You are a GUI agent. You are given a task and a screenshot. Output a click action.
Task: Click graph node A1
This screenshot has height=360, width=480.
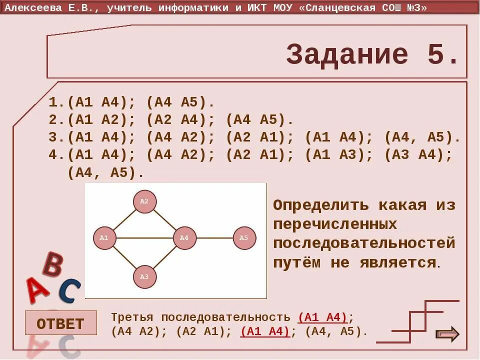[x=104, y=238]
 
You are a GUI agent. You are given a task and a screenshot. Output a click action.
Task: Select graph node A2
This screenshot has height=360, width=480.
[x=144, y=201]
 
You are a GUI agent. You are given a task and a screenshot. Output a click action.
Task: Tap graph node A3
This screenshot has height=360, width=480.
[x=144, y=276]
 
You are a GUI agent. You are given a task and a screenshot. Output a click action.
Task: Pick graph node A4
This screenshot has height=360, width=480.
[x=184, y=238]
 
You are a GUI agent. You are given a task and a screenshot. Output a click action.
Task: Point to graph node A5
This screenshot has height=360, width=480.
[x=244, y=238]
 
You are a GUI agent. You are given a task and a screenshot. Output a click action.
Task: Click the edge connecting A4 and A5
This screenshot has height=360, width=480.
[x=214, y=238]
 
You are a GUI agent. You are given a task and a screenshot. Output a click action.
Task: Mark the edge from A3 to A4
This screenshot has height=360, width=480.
[x=164, y=257]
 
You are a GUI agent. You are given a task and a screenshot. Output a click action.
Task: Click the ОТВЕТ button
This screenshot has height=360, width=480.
[x=60, y=323]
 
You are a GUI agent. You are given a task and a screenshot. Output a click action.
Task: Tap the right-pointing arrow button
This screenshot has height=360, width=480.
[x=447, y=333]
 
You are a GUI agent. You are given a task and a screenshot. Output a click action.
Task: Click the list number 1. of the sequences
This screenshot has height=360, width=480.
[x=56, y=103]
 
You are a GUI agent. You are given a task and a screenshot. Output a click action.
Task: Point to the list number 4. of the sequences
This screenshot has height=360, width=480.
[x=56, y=155]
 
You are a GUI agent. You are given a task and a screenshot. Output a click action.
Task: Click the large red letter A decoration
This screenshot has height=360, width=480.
[x=37, y=290]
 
